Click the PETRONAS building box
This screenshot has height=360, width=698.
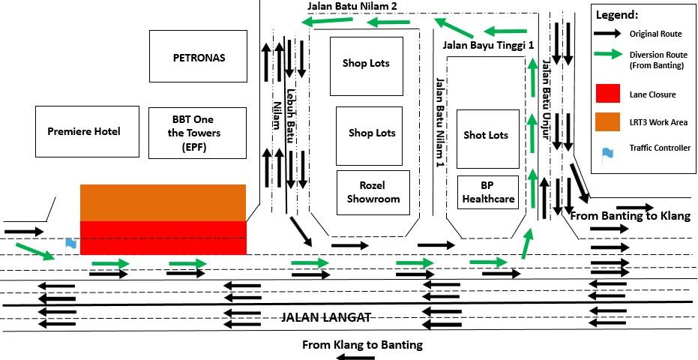click(x=199, y=57)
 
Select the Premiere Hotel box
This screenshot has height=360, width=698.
click(x=88, y=131)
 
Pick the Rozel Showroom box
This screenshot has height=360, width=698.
click(x=373, y=193)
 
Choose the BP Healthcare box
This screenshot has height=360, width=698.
click(x=489, y=193)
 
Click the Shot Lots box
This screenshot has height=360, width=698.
click(x=488, y=139)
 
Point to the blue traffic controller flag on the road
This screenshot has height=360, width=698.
click(x=70, y=243)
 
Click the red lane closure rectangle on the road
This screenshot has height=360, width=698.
click(x=163, y=237)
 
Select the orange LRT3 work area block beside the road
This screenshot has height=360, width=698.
click(x=163, y=202)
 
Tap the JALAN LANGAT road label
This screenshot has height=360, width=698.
click(x=326, y=317)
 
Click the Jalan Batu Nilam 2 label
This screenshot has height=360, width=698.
click(x=352, y=6)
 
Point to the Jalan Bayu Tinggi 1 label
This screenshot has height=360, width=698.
click(x=488, y=45)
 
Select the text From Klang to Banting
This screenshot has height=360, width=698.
click(x=362, y=345)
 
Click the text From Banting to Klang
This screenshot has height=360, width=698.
click(x=630, y=216)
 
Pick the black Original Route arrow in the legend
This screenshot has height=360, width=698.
click(x=607, y=34)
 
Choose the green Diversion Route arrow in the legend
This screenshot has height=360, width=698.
click(x=607, y=54)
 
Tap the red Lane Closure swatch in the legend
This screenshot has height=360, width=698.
click(x=607, y=93)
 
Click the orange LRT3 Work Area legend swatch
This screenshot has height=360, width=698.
click(x=607, y=121)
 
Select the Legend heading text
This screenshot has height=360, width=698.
click(x=617, y=15)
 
